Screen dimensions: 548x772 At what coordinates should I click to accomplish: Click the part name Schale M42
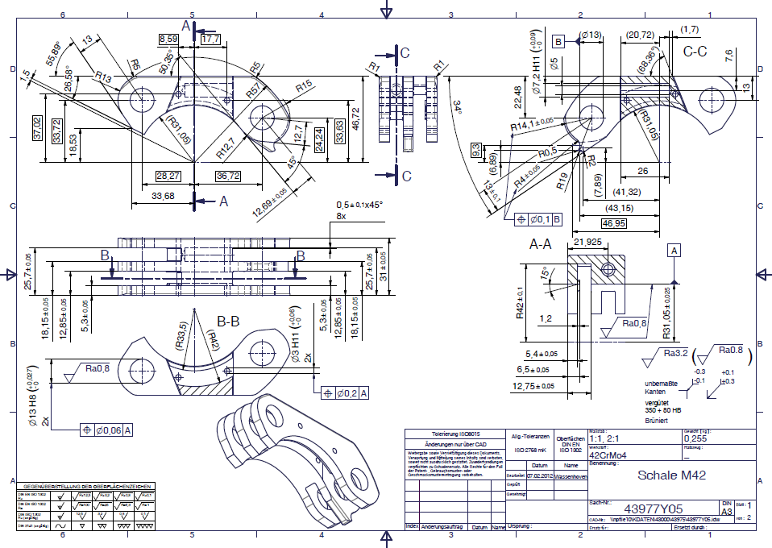(x=671, y=475)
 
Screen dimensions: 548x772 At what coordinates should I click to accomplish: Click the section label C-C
(x=695, y=52)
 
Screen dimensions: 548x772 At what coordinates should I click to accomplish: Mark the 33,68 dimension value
(x=162, y=195)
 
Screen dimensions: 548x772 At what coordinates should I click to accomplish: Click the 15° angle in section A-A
(x=545, y=274)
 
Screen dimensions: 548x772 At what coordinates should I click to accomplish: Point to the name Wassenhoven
(x=571, y=475)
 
